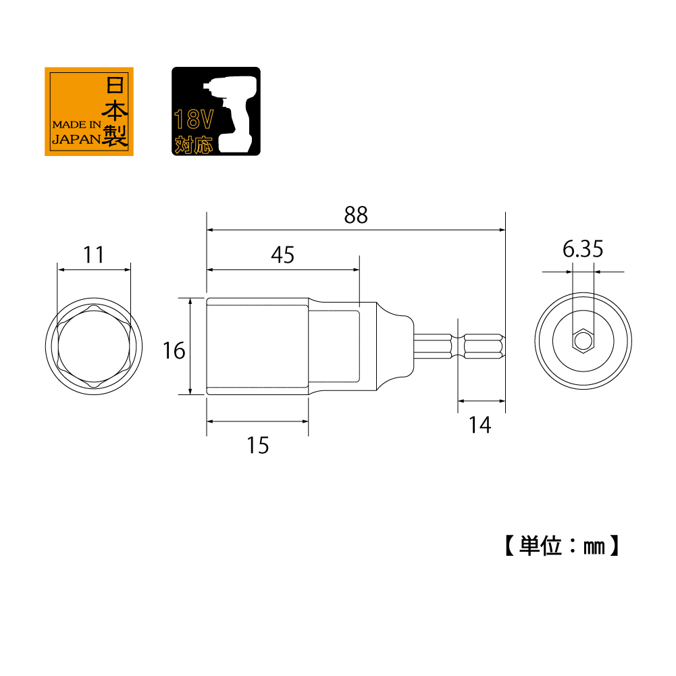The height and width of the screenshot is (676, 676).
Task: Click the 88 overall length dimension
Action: pyautogui.click(x=356, y=215)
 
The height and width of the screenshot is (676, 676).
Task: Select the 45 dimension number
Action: pyautogui.click(x=283, y=255)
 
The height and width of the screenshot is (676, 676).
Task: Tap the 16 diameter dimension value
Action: pyautogui.click(x=174, y=350)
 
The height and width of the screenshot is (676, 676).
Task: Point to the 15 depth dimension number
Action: pyautogui.click(x=258, y=445)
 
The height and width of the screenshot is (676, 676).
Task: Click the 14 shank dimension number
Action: pyautogui.click(x=479, y=425)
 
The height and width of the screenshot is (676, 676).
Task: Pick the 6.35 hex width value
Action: pyautogui.click(x=583, y=249)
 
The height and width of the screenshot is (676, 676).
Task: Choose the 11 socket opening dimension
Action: pyautogui.click(x=94, y=255)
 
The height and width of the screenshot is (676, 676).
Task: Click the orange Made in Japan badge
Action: pyautogui.click(x=89, y=111)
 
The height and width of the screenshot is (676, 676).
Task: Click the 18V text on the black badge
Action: pyautogui.click(x=194, y=121)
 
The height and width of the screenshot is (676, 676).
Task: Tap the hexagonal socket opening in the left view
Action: pyautogui.click(x=93, y=346)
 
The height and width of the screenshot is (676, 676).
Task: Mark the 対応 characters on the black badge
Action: pyautogui.click(x=194, y=145)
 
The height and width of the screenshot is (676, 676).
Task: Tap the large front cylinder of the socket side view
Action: pyautogui.click(x=257, y=346)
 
